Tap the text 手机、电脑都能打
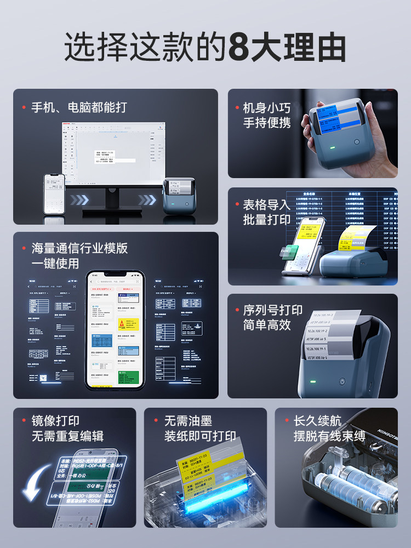pos(78,107)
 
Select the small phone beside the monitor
pos(54,193)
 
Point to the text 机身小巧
pos(266,107)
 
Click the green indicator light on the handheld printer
pos(331,147)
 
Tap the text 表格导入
pos(266,205)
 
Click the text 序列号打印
pos(272,310)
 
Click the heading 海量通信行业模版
pos(79,248)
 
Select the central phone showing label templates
pos(115,329)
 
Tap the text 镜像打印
pos(55,421)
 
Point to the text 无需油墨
pos(187,421)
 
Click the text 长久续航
pos(317,421)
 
